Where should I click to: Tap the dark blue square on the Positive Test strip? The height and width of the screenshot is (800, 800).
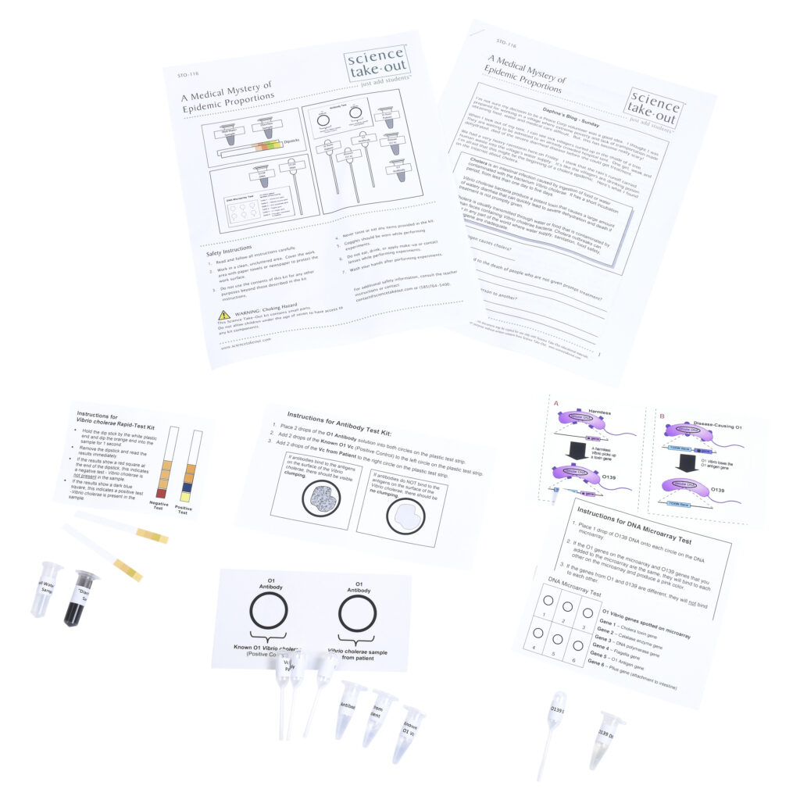click(x=187, y=489)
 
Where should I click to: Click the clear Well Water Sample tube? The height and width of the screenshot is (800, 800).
click(x=45, y=588)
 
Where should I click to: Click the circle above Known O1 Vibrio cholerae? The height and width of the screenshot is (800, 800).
click(x=268, y=613)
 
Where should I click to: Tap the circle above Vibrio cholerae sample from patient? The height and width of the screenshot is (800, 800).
click(x=358, y=615)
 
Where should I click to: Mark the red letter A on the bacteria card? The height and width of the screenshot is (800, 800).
click(x=556, y=404)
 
